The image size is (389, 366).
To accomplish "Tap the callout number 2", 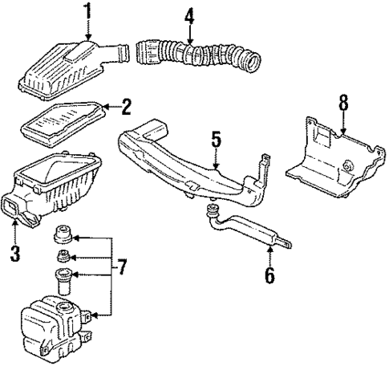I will point(125,105).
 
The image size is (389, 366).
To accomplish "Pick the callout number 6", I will point(269,277).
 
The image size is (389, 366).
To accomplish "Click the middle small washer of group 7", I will point(61,258).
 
